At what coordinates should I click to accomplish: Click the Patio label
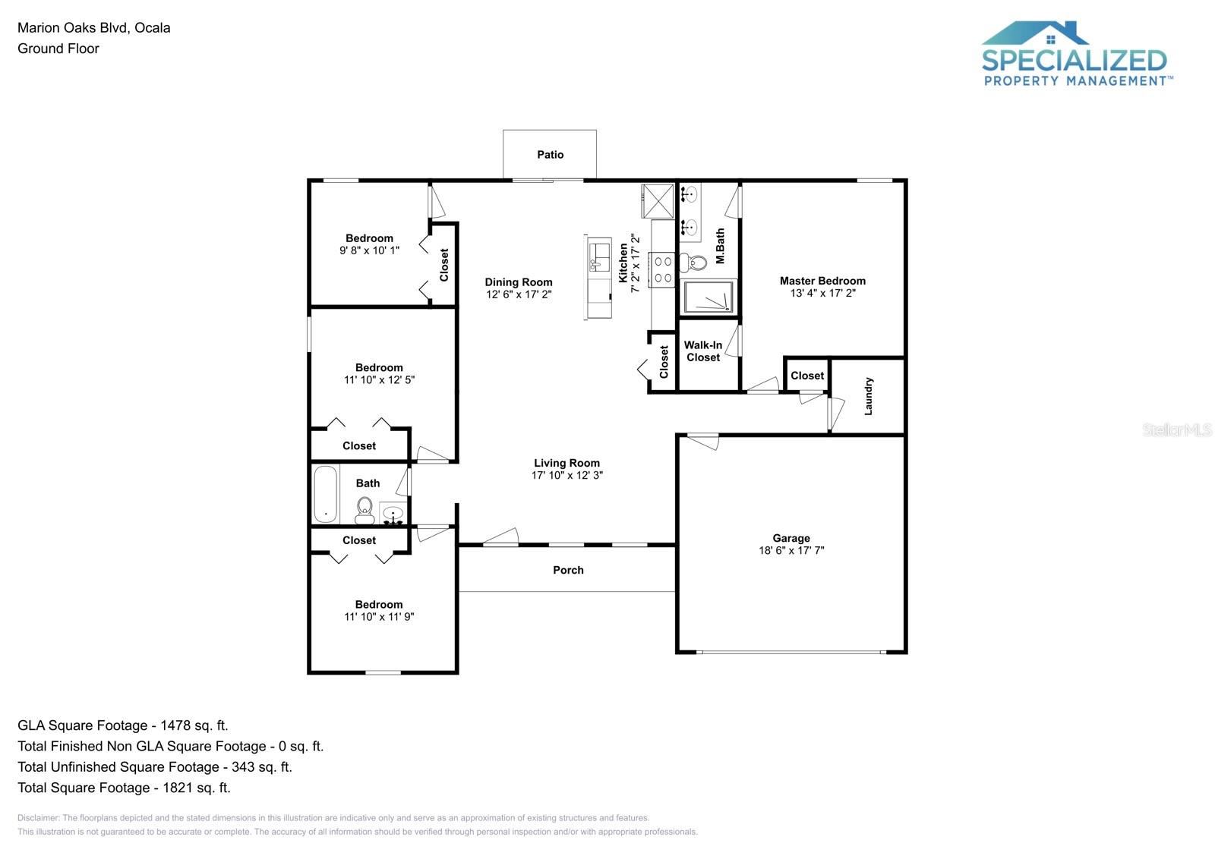550,155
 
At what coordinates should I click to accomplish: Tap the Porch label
568,570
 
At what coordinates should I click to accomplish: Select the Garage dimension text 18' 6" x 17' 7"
791,551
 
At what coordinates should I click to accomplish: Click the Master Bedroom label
822,281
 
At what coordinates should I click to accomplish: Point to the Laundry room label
869,396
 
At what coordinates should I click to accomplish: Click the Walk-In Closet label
703,351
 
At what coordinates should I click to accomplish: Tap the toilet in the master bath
694,263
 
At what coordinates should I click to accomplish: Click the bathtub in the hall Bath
325,494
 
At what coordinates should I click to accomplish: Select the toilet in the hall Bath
364,511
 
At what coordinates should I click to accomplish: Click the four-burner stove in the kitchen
662,270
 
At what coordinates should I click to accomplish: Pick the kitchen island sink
600,257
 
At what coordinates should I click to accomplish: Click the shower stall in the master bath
708,297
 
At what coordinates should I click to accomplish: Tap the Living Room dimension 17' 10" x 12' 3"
566,475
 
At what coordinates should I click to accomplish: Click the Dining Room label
519,282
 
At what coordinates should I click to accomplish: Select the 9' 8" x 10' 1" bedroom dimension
369,250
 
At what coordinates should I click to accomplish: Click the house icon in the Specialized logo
1035,33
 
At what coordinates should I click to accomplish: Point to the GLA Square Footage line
122,725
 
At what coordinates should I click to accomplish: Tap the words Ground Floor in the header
58,49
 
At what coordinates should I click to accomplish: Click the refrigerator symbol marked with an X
658,201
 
